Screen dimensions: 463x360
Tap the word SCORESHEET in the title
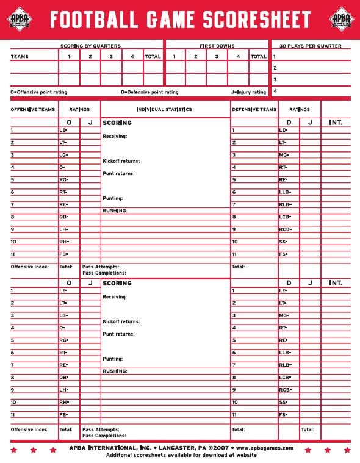pos(256,20)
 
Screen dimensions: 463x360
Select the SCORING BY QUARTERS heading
pos(90,46)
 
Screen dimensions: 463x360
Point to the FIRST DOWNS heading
pos(217,46)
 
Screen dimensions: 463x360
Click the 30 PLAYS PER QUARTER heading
pos(310,46)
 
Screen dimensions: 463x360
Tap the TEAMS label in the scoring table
pos(20,56)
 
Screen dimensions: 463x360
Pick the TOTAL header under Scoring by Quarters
pos(153,56)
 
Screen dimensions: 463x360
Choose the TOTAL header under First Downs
pos(259,56)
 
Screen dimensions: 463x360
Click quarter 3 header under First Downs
pos(217,56)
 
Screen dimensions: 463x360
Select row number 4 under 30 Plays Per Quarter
pos(275,91)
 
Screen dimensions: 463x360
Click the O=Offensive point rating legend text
pos(39,92)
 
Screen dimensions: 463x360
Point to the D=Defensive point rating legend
pos(149,92)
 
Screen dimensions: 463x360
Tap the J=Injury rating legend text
pos(248,92)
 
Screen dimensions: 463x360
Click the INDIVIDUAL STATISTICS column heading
pos(164,110)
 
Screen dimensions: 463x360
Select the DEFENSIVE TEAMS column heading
pos(254,110)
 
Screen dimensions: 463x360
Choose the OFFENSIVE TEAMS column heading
pos(33,110)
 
